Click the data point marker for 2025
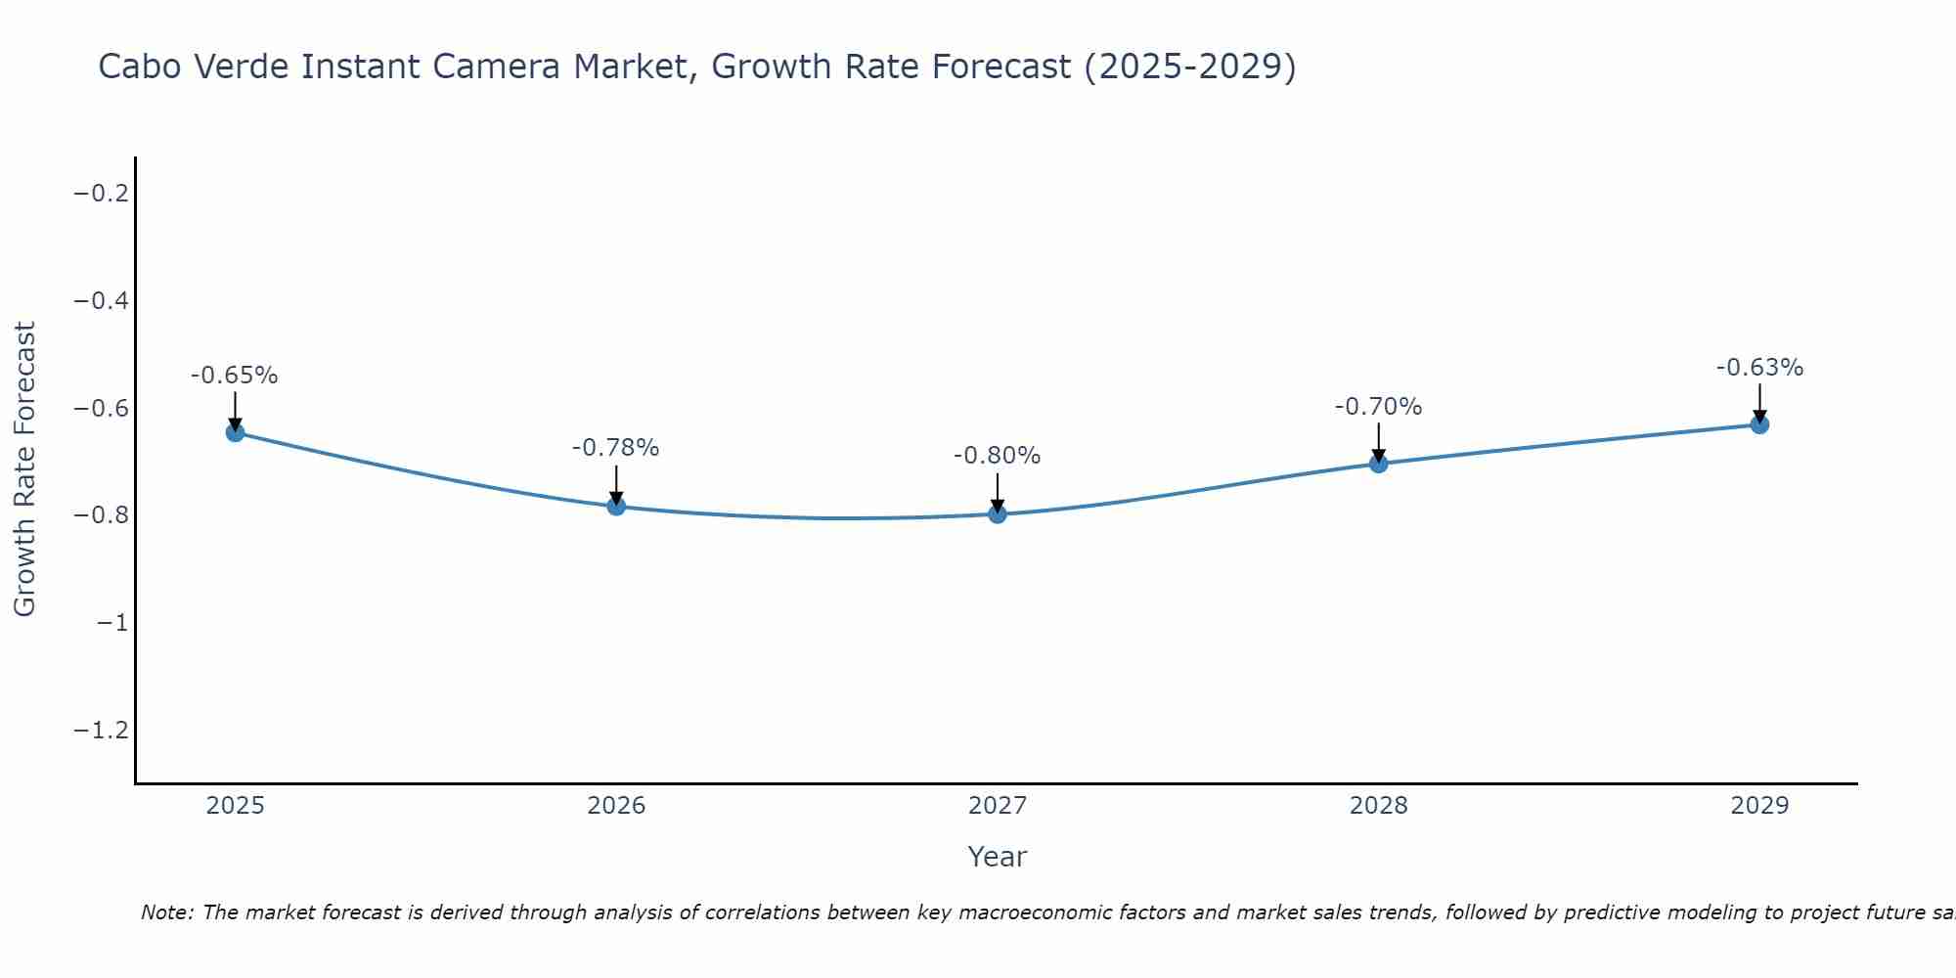click(x=235, y=432)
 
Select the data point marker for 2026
click(x=616, y=506)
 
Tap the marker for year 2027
click(x=998, y=513)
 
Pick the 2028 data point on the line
click(x=1378, y=463)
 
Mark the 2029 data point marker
click(x=1759, y=424)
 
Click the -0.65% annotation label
click(x=235, y=376)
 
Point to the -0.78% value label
click(x=616, y=448)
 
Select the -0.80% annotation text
click(x=998, y=456)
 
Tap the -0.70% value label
click(x=1378, y=407)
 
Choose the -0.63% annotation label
click(x=1759, y=368)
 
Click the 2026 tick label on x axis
click(x=616, y=806)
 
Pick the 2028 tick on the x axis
click(x=1378, y=806)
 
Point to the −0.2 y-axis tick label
click(x=102, y=194)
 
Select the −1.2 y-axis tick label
click(x=102, y=731)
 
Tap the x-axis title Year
click(x=997, y=857)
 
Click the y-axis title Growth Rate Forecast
click(x=24, y=469)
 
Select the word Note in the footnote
click(x=166, y=912)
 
